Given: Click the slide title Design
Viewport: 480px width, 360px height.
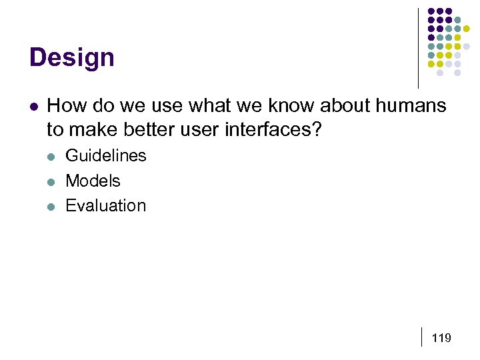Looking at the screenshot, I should (72, 57).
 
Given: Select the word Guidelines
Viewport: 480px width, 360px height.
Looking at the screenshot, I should (105, 156).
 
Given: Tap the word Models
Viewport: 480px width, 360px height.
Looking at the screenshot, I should (93, 181).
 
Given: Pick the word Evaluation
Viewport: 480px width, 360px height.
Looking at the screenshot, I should (105, 205).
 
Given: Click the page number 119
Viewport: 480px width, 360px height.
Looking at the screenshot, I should (441, 338).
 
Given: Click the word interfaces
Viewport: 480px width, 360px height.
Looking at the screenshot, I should (273, 129).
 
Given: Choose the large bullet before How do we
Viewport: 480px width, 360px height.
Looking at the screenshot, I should (33, 106).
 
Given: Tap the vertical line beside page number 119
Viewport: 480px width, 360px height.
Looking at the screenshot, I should (423, 337).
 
